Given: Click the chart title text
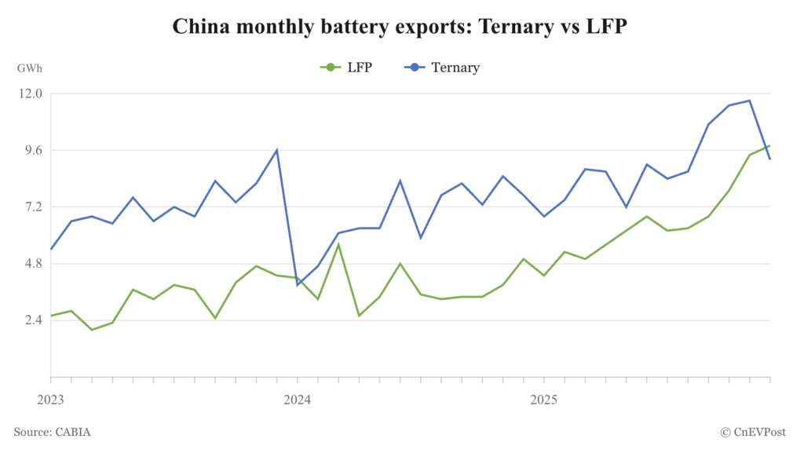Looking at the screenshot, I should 401,27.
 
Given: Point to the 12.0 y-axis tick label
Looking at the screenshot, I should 28,93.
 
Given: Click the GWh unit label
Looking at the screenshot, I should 28,68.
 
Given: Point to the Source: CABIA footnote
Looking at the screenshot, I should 52,431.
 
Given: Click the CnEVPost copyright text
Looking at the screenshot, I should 754,431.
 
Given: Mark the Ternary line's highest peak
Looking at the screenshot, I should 750,101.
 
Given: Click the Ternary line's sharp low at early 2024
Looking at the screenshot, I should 298,284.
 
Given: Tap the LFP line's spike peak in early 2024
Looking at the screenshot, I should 338,244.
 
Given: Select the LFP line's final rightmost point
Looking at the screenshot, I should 769,145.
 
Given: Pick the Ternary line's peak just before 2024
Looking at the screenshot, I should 276,150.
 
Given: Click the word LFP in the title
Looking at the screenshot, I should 609,27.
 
